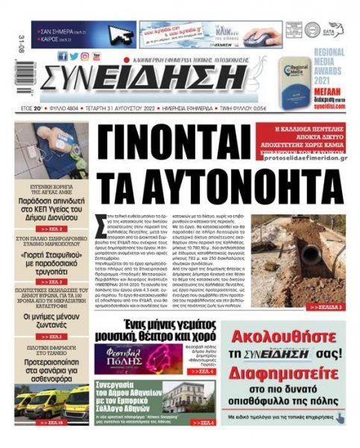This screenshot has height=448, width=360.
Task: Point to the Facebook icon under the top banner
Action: (63, 56)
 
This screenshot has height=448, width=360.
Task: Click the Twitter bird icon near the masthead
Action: (74, 56)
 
